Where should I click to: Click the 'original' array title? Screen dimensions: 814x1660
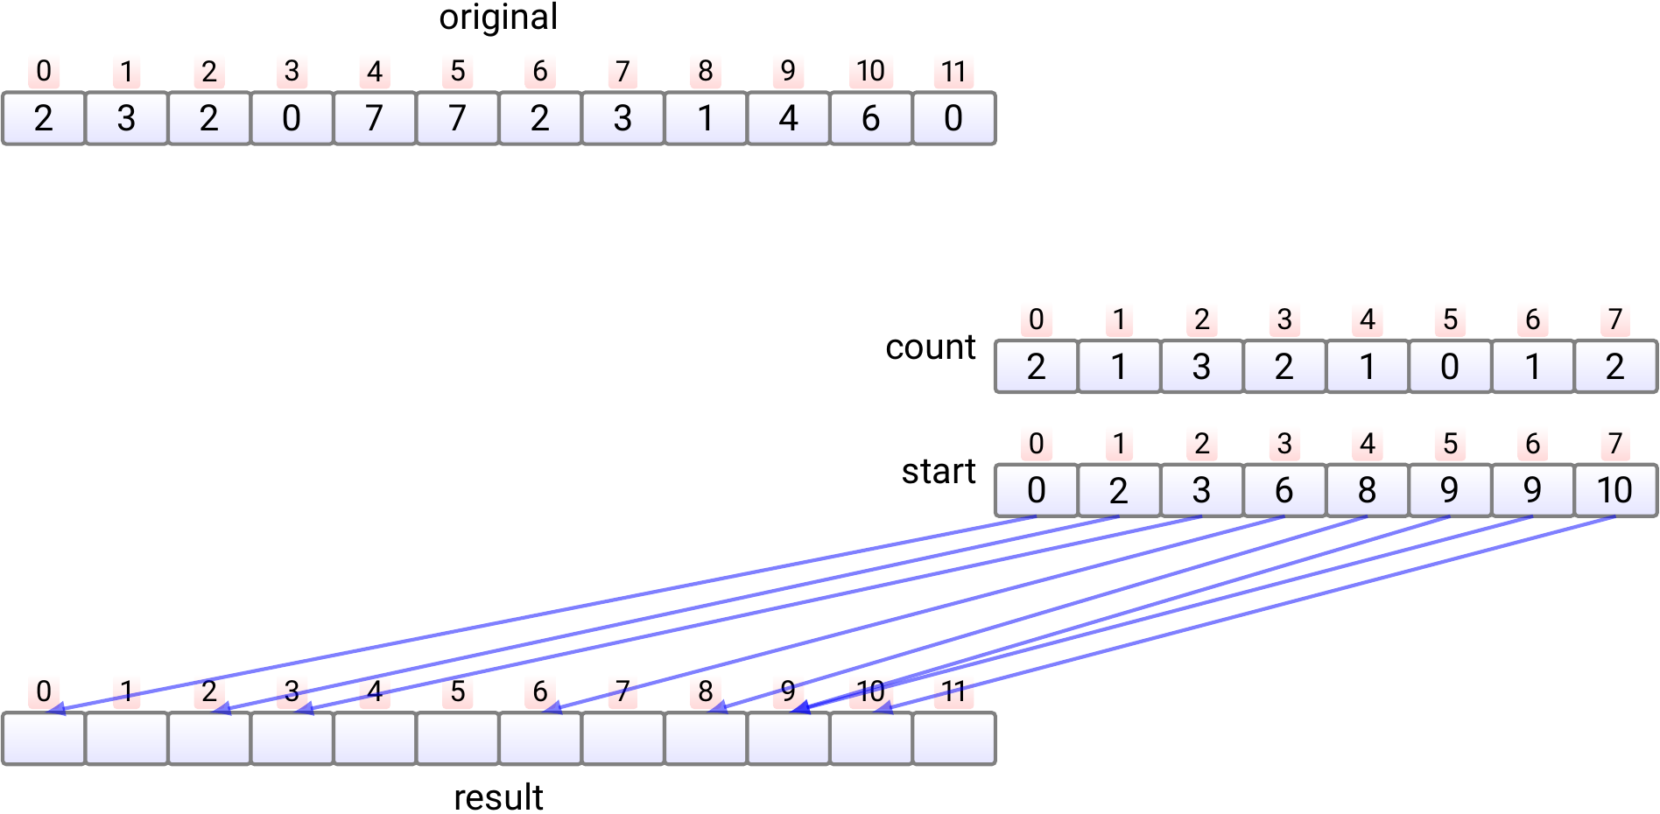[498, 18]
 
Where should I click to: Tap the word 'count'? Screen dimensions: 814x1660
[930, 347]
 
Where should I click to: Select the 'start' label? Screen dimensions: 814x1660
[939, 472]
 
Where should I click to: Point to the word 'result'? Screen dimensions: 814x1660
[498, 797]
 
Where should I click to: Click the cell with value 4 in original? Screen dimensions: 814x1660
[788, 118]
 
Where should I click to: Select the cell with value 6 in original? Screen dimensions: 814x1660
[870, 118]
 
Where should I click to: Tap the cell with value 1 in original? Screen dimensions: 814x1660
[706, 118]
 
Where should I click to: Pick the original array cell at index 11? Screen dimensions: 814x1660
[953, 118]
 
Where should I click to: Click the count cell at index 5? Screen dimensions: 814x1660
[1450, 367]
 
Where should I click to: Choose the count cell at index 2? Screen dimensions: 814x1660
[1201, 367]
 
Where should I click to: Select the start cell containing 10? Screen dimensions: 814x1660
[1614, 490]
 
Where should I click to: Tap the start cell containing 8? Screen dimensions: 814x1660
[1367, 490]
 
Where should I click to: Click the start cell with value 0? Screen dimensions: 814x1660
[1036, 490]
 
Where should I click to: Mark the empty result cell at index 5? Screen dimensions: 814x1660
[457, 739]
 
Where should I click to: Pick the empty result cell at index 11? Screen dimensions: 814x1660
[953, 739]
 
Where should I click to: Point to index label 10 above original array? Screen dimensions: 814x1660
[870, 71]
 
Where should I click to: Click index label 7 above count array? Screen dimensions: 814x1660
[1614, 319]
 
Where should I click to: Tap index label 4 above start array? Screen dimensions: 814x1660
[1367, 444]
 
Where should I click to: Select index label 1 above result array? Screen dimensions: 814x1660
[126, 691]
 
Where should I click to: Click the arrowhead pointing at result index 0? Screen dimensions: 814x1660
[55, 709]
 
